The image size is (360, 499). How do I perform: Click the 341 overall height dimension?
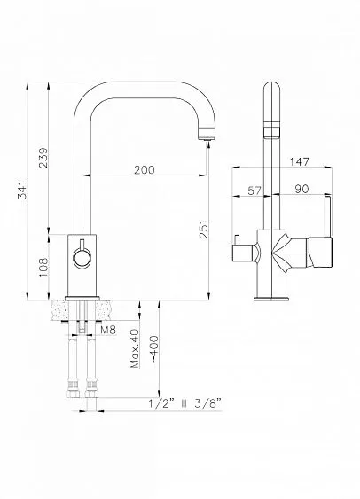21,190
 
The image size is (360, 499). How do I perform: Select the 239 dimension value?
43,158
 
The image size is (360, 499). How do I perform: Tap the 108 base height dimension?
43,268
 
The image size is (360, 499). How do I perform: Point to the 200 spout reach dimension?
145,170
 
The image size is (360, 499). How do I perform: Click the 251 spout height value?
203,230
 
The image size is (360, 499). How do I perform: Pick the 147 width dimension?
299,161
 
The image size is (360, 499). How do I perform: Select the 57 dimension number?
254,191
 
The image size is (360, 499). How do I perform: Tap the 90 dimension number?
301,189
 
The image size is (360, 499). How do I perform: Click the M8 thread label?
108,330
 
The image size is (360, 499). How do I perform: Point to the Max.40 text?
135,349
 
